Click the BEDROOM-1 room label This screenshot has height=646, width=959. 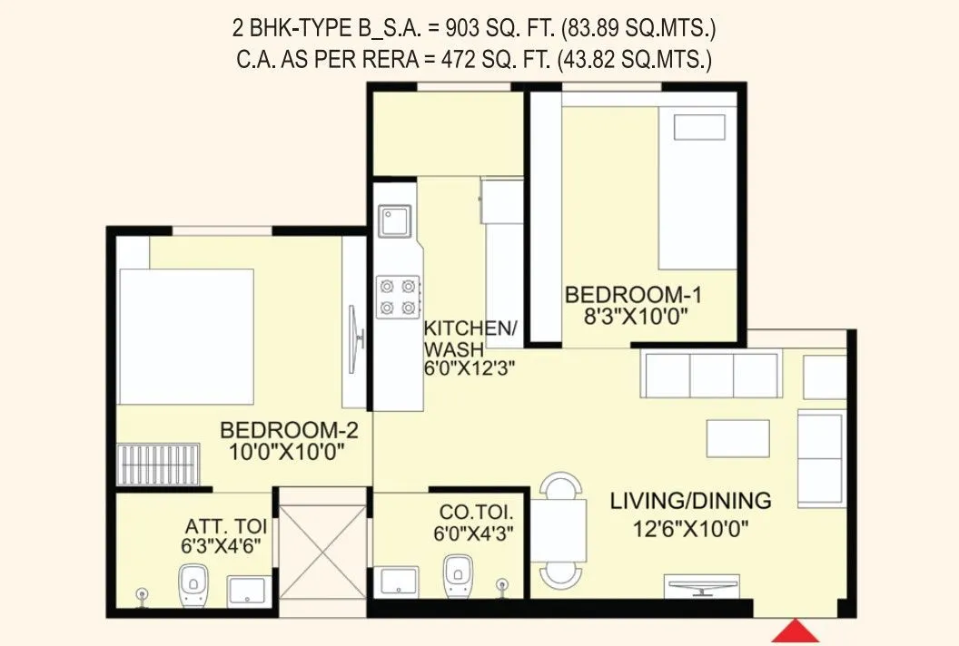(x=633, y=296)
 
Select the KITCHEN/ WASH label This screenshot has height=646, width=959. (x=470, y=338)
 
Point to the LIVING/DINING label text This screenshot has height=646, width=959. (x=690, y=500)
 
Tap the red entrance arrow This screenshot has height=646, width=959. (x=796, y=631)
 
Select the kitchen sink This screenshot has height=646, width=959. (x=396, y=221)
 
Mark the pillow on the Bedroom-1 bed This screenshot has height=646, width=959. (x=698, y=126)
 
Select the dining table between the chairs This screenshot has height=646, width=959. (x=558, y=531)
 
